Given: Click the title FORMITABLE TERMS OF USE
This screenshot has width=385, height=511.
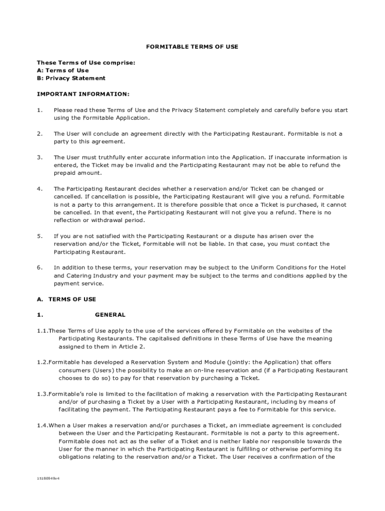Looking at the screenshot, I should click(192, 47).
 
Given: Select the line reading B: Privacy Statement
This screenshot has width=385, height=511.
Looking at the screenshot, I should click(71, 78).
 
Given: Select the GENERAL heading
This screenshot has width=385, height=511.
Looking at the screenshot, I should click(110, 315).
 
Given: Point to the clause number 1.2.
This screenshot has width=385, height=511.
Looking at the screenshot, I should click(42, 362).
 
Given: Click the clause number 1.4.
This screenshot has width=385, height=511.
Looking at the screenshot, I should click(42, 426).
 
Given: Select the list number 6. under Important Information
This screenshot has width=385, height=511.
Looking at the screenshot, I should click(39, 267).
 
